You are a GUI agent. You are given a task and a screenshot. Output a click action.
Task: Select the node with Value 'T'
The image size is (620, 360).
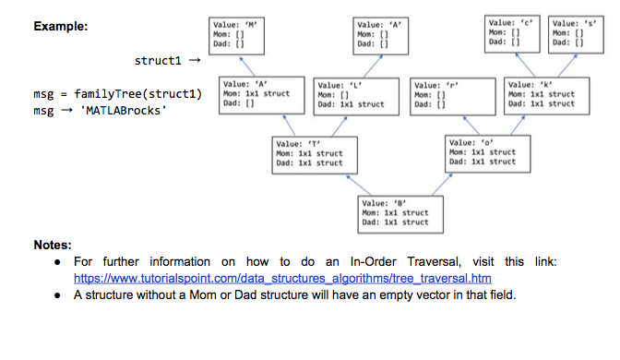[x=309, y=153]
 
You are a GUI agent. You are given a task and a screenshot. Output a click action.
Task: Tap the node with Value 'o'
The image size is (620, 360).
[x=482, y=152]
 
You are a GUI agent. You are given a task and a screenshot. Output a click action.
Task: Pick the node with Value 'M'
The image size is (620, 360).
[x=239, y=33]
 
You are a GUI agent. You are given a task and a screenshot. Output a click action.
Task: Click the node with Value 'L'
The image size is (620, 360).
[x=352, y=94]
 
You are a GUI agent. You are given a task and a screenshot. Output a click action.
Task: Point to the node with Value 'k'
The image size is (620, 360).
[x=542, y=94]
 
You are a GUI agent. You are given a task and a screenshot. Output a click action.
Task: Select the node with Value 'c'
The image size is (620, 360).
[x=514, y=31]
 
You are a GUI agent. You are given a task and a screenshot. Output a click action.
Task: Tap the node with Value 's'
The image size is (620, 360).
[x=577, y=31]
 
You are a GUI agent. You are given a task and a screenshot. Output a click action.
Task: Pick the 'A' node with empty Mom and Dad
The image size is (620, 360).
[x=384, y=33]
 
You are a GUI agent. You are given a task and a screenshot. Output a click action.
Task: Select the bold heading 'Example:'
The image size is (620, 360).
[x=61, y=27]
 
